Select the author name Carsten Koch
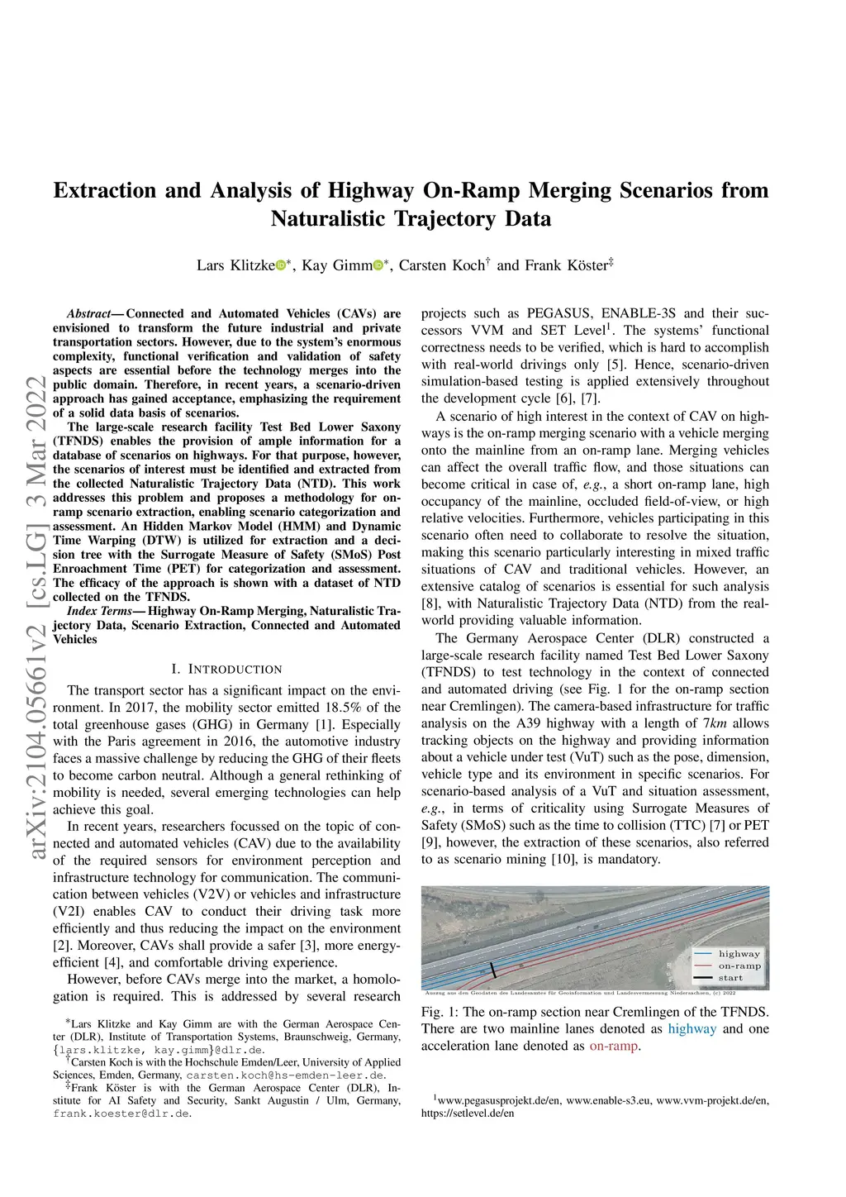point(442,265)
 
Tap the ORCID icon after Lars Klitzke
point(280,265)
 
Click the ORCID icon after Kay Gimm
point(378,265)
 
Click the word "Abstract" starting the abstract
point(88,314)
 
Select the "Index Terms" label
point(99,612)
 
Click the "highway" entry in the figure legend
point(739,953)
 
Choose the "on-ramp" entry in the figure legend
point(739,966)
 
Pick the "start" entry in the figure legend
point(730,978)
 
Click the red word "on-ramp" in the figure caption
point(613,1047)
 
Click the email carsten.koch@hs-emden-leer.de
point(286,1075)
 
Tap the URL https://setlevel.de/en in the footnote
point(468,1114)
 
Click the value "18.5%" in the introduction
point(343,708)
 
